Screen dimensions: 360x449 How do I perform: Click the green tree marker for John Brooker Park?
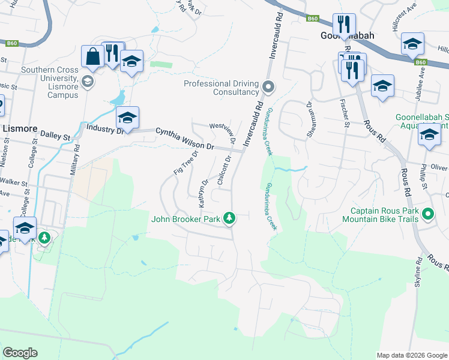(x=229, y=218)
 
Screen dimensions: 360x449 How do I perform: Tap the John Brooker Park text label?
(x=185, y=219)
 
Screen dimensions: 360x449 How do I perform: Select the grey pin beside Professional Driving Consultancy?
(x=268, y=88)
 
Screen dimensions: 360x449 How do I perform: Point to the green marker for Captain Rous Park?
(x=427, y=214)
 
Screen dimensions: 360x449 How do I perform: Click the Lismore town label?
(x=20, y=129)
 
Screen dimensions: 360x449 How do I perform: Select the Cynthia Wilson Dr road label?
(x=185, y=139)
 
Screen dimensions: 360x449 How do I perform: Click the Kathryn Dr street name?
(x=203, y=190)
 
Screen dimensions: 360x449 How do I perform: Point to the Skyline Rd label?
(x=418, y=278)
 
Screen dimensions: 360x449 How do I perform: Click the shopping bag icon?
(x=94, y=57)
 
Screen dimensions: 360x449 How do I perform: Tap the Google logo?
(x=20, y=353)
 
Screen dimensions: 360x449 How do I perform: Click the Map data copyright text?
(x=411, y=355)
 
